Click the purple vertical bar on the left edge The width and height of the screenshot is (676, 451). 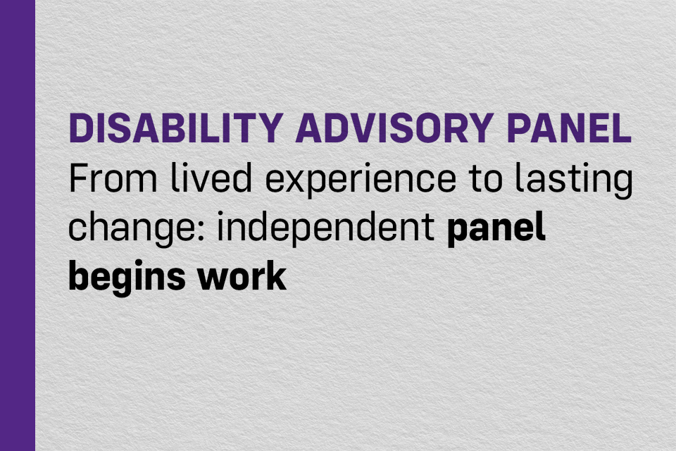(17, 225)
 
